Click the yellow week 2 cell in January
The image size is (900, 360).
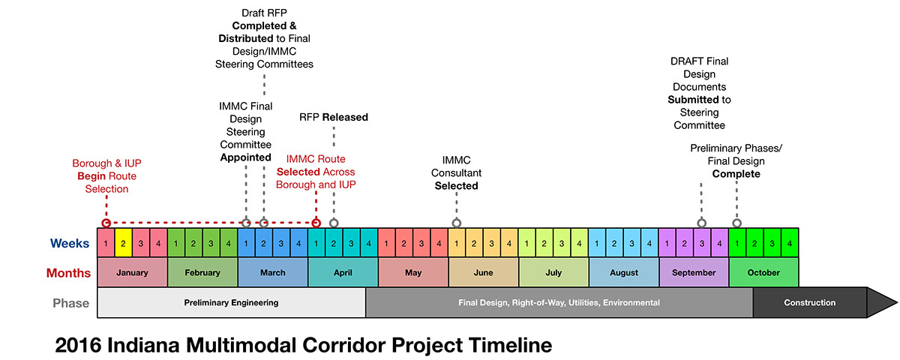[x=123, y=243]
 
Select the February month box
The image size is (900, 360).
[x=202, y=272]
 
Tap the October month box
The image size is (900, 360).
[x=763, y=272]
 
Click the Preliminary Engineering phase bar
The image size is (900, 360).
[x=232, y=302]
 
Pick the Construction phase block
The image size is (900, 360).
[x=810, y=302]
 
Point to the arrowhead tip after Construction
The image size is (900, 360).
[x=897, y=302]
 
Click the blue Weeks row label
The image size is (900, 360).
[x=70, y=243]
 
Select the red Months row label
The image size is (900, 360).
[x=68, y=273]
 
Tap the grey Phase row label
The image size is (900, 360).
[x=70, y=303]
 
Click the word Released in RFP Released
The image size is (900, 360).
[x=345, y=117]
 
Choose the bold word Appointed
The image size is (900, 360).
[x=245, y=157]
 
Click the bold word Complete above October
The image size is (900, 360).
[x=736, y=174]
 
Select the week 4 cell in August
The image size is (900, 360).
[x=649, y=243]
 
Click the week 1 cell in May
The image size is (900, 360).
[x=386, y=243]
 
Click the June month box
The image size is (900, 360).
[x=483, y=272]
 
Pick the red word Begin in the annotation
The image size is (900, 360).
[x=91, y=176]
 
